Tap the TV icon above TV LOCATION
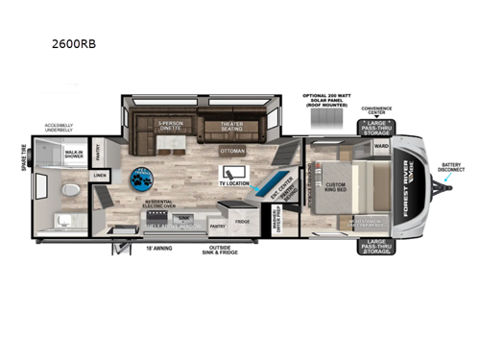[233, 172]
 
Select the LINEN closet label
[100, 176]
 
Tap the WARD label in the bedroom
[380, 147]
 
